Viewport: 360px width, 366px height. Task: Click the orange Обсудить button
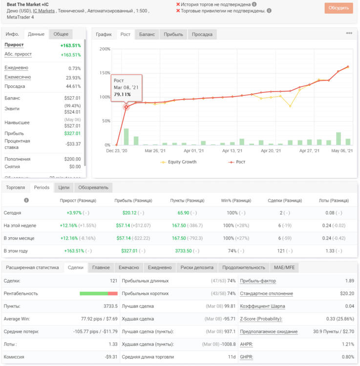tap(339, 8)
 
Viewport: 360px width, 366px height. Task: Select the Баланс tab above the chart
tap(147, 34)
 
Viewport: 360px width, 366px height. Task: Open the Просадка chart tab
tap(202, 34)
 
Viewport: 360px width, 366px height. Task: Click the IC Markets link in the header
tap(43, 11)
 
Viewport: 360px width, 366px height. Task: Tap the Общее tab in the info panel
tap(61, 34)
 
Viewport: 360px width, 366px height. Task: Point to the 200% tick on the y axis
tap(105, 49)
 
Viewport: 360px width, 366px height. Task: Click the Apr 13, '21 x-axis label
tap(232, 151)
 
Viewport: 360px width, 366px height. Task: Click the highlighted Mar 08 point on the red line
tap(126, 107)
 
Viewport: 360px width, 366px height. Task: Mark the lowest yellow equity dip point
tap(290, 106)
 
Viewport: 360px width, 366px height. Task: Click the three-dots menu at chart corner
tap(349, 33)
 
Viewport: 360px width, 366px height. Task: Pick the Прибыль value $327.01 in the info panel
tap(72, 133)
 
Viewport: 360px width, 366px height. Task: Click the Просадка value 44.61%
tap(73, 86)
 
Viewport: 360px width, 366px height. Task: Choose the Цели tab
tap(64, 188)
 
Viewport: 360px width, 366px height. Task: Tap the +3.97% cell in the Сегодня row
tap(74, 213)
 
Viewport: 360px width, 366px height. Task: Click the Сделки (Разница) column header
tap(285, 201)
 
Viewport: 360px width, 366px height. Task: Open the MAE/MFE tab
tap(284, 267)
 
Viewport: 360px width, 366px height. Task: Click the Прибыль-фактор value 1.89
tap(350, 281)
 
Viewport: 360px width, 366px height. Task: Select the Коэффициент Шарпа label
tap(262, 306)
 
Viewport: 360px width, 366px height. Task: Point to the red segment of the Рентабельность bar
tap(113, 293)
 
